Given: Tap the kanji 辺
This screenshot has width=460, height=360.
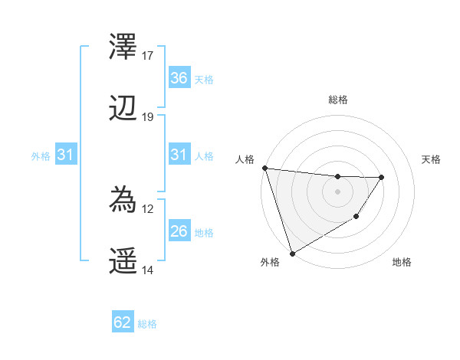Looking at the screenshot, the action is click(x=123, y=110).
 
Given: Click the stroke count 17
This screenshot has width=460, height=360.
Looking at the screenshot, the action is click(x=148, y=56).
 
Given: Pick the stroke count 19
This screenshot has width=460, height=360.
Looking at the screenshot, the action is click(x=148, y=116).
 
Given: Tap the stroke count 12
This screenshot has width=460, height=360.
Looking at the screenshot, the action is click(x=148, y=208).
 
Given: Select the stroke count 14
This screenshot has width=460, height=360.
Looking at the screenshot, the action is click(x=148, y=270).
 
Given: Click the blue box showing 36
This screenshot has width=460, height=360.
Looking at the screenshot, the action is click(x=179, y=78).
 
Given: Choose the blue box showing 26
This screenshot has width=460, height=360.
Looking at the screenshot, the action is click(x=179, y=231).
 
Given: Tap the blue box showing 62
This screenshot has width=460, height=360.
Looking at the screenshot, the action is click(x=123, y=322).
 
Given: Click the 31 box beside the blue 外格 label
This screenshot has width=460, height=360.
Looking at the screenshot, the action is click(x=65, y=155).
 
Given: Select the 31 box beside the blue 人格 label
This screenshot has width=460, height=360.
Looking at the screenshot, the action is click(x=179, y=155).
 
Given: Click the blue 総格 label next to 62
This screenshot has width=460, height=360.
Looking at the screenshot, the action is click(x=147, y=324).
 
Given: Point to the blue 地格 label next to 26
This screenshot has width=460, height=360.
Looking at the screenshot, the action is click(x=204, y=232).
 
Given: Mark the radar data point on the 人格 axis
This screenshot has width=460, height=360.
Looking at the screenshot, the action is click(x=264, y=168).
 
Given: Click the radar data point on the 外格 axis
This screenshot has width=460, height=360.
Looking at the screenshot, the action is click(x=292, y=253).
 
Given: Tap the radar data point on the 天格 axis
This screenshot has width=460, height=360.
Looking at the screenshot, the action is click(x=382, y=177).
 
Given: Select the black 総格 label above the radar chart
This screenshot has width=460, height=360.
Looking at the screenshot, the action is click(x=338, y=100).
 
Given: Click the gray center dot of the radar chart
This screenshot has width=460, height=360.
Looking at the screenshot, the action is click(x=338, y=191).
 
